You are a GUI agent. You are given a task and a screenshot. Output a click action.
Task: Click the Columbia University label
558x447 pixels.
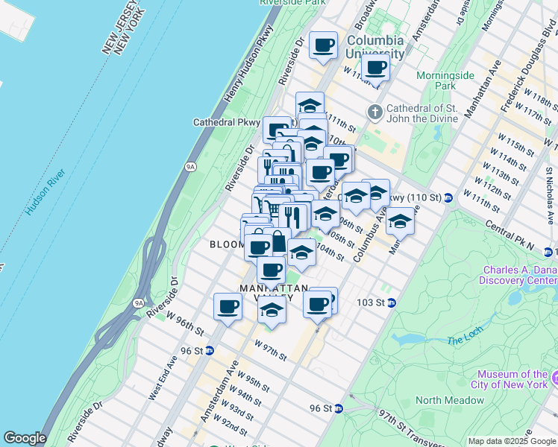pos(375,46)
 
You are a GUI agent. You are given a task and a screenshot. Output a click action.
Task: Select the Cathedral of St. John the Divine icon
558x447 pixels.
pos(374,112)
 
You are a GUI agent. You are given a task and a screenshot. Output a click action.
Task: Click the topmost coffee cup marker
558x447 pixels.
pos(324,45)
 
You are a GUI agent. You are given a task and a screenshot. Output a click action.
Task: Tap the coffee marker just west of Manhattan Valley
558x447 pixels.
pos(228,306)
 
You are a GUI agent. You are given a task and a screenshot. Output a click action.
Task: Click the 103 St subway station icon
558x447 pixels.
pos(390,302)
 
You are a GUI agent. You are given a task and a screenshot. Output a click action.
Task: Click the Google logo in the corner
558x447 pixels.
pos(25,438)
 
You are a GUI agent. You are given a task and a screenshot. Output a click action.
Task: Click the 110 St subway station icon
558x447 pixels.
pos(448,197)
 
